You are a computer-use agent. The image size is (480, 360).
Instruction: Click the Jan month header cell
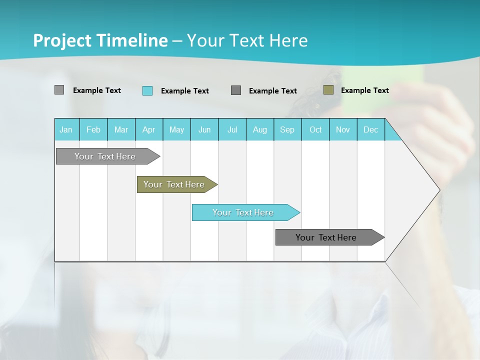click(66, 129)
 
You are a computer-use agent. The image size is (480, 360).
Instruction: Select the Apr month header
click(149, 129)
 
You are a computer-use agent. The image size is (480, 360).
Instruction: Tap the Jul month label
click(232, 129)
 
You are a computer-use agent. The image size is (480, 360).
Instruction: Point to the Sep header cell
click(287, 129)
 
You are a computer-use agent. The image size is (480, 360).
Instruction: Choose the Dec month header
click(370, 129)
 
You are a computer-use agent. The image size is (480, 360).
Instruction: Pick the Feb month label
click(93, 129)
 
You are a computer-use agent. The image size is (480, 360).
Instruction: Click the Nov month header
click(343, 129)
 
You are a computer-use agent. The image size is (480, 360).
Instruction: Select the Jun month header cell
click(204, 129)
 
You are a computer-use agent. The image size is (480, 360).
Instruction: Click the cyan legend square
click(147, 90)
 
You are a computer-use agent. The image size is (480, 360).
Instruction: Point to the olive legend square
click(328, 90)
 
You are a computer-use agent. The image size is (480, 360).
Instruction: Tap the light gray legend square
click(59, 90)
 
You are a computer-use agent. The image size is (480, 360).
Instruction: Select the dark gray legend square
click(236, 90)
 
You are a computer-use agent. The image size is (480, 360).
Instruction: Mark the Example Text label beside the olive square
click(364, 90)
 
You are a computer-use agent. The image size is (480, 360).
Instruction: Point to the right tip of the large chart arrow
click(439, 190)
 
